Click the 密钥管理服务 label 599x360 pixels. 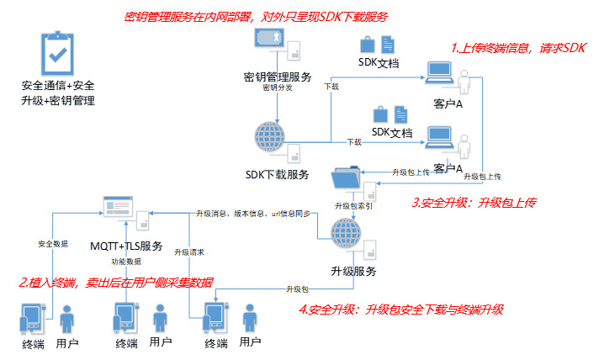(x=277, y=76)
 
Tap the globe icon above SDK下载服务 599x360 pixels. (x=272, y=137)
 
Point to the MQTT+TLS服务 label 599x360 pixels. (x=126, y=246)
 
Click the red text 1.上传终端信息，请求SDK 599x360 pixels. (x=517, y=49)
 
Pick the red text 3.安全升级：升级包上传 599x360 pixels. (x=474, y=203)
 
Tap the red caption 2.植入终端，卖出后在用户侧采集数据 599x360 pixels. (x=116, y=282)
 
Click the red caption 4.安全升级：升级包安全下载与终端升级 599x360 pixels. (x=400, y=309)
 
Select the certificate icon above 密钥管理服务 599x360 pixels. (x=272, y=39)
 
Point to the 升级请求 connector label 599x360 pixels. (x=190, y=252)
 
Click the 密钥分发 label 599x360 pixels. (x=278, y=87)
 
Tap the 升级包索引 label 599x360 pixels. (x=354, y=205)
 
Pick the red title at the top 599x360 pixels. (x=255, y=16)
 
